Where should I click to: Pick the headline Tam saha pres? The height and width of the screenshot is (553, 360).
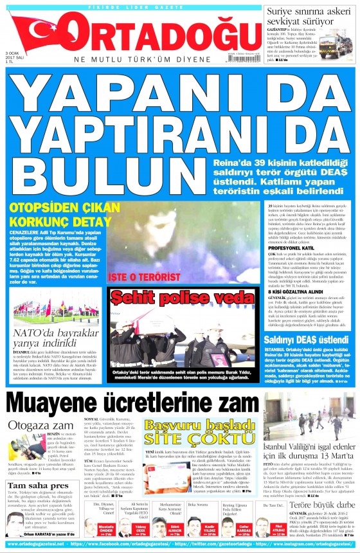tap(32, 485)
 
